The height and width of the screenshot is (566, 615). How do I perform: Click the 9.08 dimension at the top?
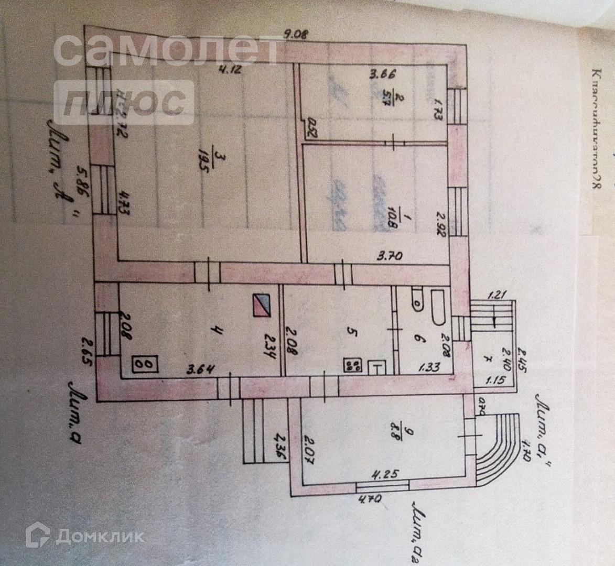point(296,35)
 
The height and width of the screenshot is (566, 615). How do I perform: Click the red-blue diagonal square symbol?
point(261,305)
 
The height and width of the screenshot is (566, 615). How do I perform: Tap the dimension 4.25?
point(385,474)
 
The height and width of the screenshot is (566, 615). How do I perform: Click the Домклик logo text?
point(100,536)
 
